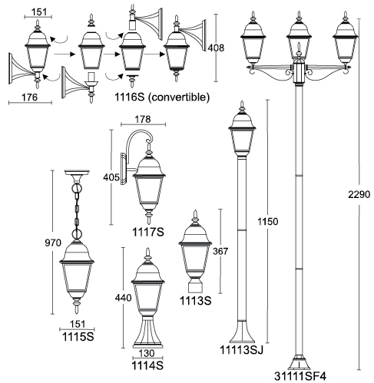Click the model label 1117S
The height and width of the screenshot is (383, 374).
(x=148, y=232)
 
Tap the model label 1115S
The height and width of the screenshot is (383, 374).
(x=78, y=337)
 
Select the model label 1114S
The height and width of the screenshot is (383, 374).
(x=147, y=365)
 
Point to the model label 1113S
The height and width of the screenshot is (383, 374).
(x=196, y=301)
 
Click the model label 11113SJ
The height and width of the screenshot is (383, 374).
(x=241, y=350)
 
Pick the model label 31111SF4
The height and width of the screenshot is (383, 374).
(x=300, y=376)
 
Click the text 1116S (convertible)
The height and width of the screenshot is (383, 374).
(x=162, y=97)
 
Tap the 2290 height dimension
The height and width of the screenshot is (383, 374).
(x=359, y=194)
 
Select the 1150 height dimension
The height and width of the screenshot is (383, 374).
(x=267, y=221)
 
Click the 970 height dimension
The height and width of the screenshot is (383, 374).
(x=53, y=243)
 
